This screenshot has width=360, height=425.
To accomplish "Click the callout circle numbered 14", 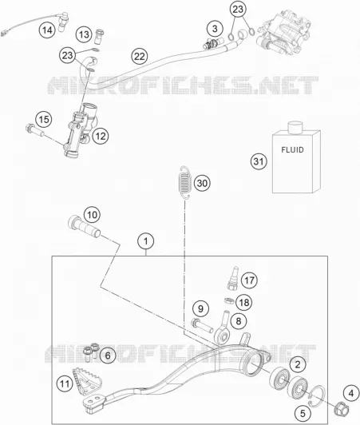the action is pyautogui.click(x=47, y=30).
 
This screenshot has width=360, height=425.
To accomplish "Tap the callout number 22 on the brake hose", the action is pyautogui.click(x=140, y=57).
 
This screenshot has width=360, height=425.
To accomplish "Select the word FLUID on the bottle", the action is pyautogui.click(x=292, y=149).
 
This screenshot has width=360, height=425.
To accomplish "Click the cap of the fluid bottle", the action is pyautogui.click(x=295, y=128).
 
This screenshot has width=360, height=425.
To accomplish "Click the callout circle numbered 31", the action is pyautogui.click(x=259, y=161).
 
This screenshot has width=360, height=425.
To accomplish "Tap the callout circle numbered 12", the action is pyautogui.click(x=101, y=136).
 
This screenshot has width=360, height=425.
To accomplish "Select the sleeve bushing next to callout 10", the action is pyautogui.click(x=84, y=226).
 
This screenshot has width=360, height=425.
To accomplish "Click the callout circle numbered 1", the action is pyautogui.click(x=146, y=241).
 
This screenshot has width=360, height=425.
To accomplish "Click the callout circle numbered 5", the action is pyautogui.click(x=303, y=414).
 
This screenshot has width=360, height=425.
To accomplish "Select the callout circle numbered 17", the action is pyautogui.click(x=249, y=280).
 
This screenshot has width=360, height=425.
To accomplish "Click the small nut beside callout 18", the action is pyautogui.click(x=229, y=300).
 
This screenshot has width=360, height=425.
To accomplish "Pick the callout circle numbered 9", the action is pyautogui.click(x=200, y=308).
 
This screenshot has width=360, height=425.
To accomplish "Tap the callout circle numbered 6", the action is pyautogui.click(x=108, y=355).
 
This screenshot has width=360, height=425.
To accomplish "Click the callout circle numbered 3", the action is pyautogui.click(x=215, y=29).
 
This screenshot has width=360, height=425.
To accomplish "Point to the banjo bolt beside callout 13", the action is pyautogui.click(x=100, y=36).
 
